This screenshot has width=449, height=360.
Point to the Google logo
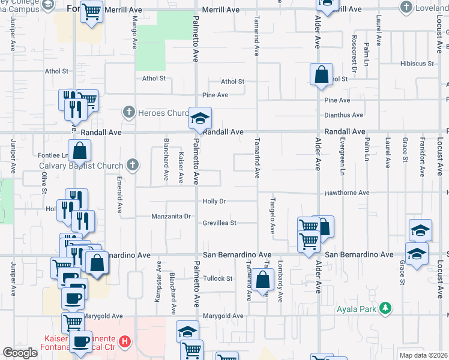20,353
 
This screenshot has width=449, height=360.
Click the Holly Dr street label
214,202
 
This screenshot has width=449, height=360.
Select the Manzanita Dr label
170,216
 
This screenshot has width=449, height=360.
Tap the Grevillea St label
220,223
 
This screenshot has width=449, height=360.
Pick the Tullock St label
217,278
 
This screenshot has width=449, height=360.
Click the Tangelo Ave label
272,215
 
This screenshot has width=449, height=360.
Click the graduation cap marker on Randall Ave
200,117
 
